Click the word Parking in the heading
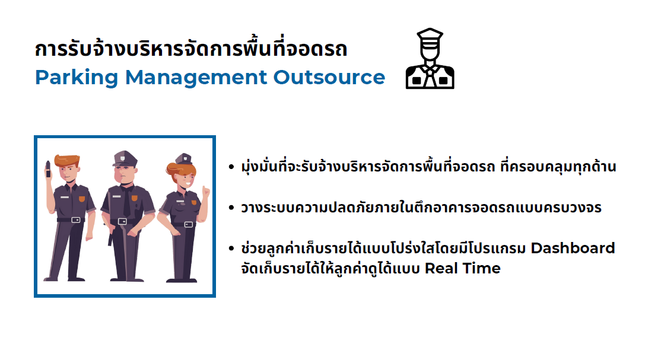point(77,78)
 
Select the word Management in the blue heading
point(196,77)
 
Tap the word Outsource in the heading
point(329,77)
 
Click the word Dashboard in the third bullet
point(573,249)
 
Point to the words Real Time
point(462,268)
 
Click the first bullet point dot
point(231,167)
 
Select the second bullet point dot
point(231,208)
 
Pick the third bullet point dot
point(231,249)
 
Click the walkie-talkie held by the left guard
point(47,169)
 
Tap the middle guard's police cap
point(125,158)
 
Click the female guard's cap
point(183,158)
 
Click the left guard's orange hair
point(67,160)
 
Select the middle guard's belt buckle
point(122,221)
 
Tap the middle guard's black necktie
point(127,202)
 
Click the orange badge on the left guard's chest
point(82,199)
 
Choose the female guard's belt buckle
point(189,224)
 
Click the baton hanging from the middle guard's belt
point(110,237)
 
